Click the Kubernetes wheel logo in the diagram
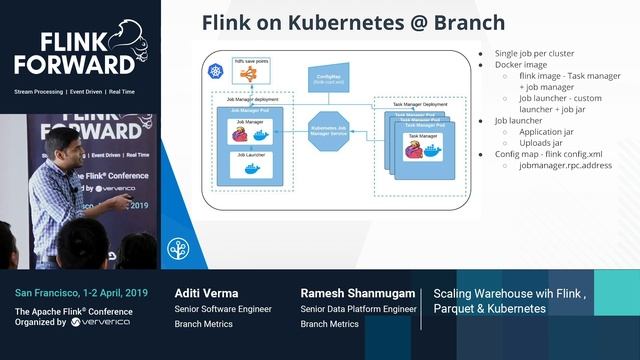[x=213, y=73]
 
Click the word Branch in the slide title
[x=466, y=22]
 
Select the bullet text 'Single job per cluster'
[x=533, y=53]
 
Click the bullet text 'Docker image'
[x=520, y=65]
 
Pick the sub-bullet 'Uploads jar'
[x=544, y=142]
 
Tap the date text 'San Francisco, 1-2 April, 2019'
[x=81, y=293]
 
